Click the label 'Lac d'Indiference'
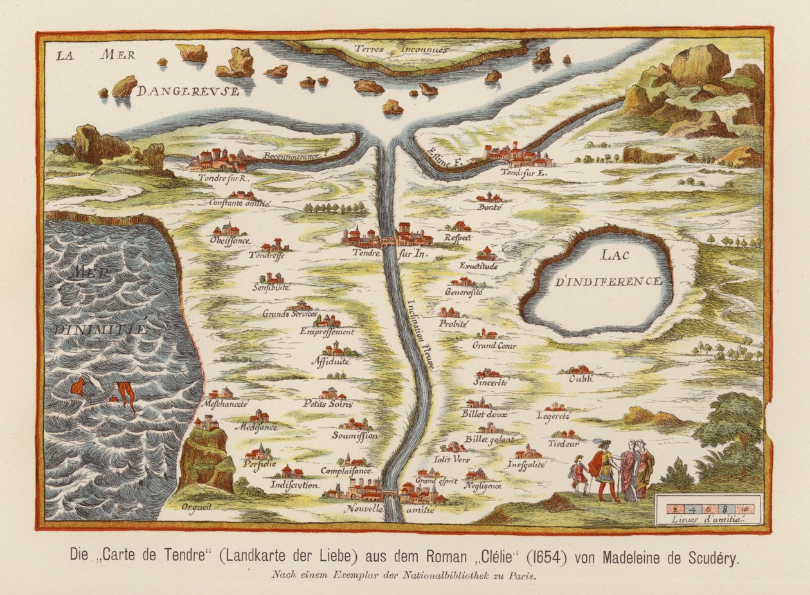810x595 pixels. (599, 269)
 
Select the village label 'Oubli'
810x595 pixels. (580, 379)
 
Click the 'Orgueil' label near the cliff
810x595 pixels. (197, 506)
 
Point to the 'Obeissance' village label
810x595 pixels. (230, 239)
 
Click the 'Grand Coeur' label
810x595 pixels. (494, 345)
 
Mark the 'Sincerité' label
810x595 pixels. (491, 382)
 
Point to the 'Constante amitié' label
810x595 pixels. (240, 203)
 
